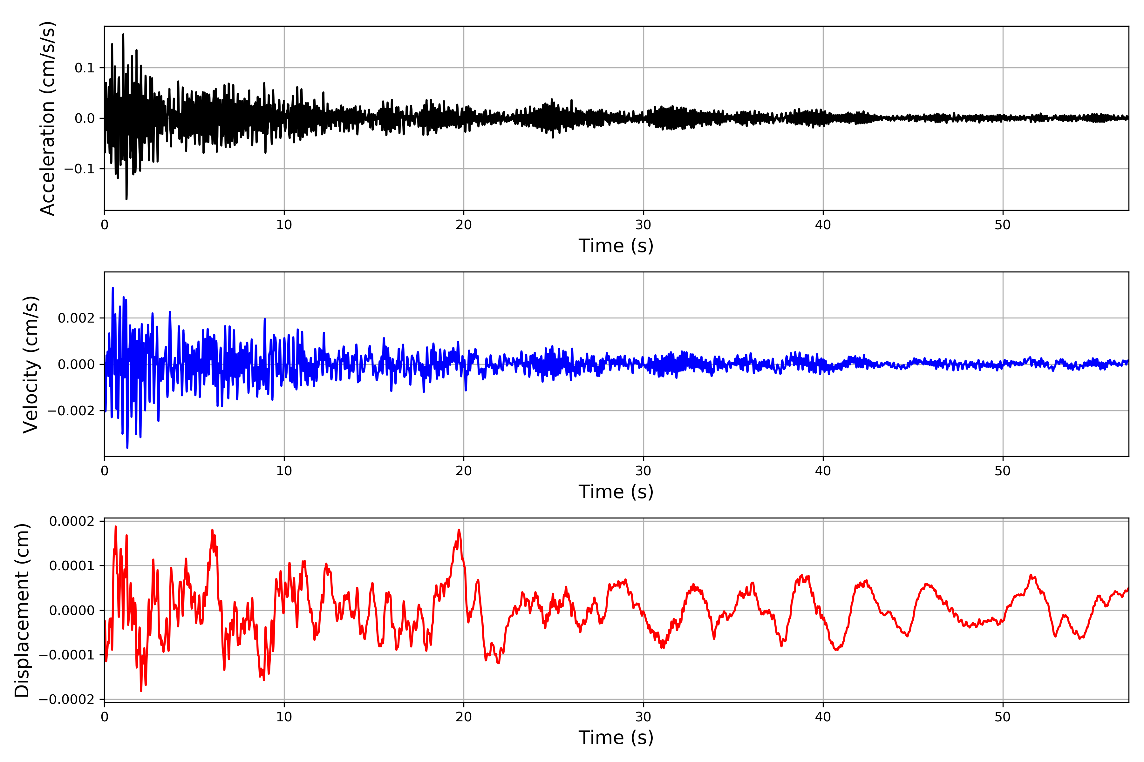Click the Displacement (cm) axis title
(22, 610)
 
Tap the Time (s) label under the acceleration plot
(616, 246)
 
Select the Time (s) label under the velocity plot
(616, 492)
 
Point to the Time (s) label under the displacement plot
(616, 738)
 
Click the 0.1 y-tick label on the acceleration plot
(84, 68)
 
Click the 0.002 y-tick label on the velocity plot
(76, 318)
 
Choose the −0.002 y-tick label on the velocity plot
(71, 411)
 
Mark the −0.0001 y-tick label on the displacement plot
(67, 655)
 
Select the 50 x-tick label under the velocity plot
(1003, 471)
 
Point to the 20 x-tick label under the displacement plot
(464, 717)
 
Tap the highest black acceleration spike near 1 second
(123, 35)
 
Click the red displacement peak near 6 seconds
(212, 530)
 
